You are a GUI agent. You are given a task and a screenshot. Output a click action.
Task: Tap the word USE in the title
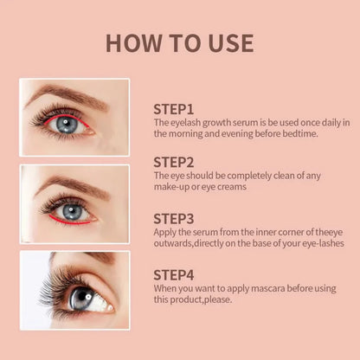tap(225, 43)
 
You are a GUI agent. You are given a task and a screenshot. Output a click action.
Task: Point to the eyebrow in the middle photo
tap(74, 183)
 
